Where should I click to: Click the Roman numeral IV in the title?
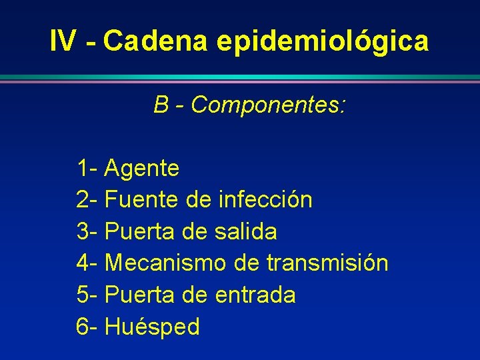pyautogui.click(x=63, y=41)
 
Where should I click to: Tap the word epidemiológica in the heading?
pyautogui.click(x=323, y=41)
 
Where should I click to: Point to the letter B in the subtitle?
pyautogui.click(x=161, y=105)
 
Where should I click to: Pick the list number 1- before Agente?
pyautogui.click(x=87, y=169)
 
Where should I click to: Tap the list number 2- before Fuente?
pyautogui.click(x=87, y=200)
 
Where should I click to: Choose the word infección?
pyautogui.click(x=265, y=200)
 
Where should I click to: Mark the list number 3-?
pyautogui.click(x=87, y=232)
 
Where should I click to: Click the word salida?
pyautogui.click(x=246, y=232)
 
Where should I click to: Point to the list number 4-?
pyautogui.click(x=87, y=263)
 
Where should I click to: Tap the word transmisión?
pyautogui.click(x=327, y=263)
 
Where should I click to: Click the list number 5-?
pyautogui.click(x=87, y=295)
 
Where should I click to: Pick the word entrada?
pyautogui.click(x=255, y=295)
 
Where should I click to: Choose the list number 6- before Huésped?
pyautogui.click(x=87, y=327)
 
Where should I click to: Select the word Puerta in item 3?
pyautogui.click(x=139, y=232)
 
